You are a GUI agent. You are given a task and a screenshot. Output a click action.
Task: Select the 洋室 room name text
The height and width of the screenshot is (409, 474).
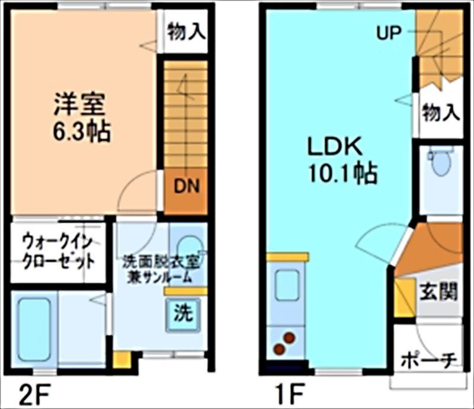click(79, 105)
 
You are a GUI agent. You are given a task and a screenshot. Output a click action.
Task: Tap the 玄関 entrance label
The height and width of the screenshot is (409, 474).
click(439, 292)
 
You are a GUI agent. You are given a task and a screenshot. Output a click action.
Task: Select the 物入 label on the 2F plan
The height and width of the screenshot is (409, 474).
click(186, 31)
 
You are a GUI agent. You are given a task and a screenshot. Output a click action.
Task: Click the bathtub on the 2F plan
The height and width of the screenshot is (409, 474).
click(34, 329)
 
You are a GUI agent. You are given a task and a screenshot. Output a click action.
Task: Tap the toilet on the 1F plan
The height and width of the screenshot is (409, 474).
click(440, 161)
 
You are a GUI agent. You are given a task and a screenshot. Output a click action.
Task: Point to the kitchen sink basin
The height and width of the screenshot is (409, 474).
click(287, 285)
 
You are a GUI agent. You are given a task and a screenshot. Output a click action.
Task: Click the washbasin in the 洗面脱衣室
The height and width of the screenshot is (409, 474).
click(188, 246)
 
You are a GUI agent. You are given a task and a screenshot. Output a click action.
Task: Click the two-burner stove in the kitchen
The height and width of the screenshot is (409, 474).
click(284, 343)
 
